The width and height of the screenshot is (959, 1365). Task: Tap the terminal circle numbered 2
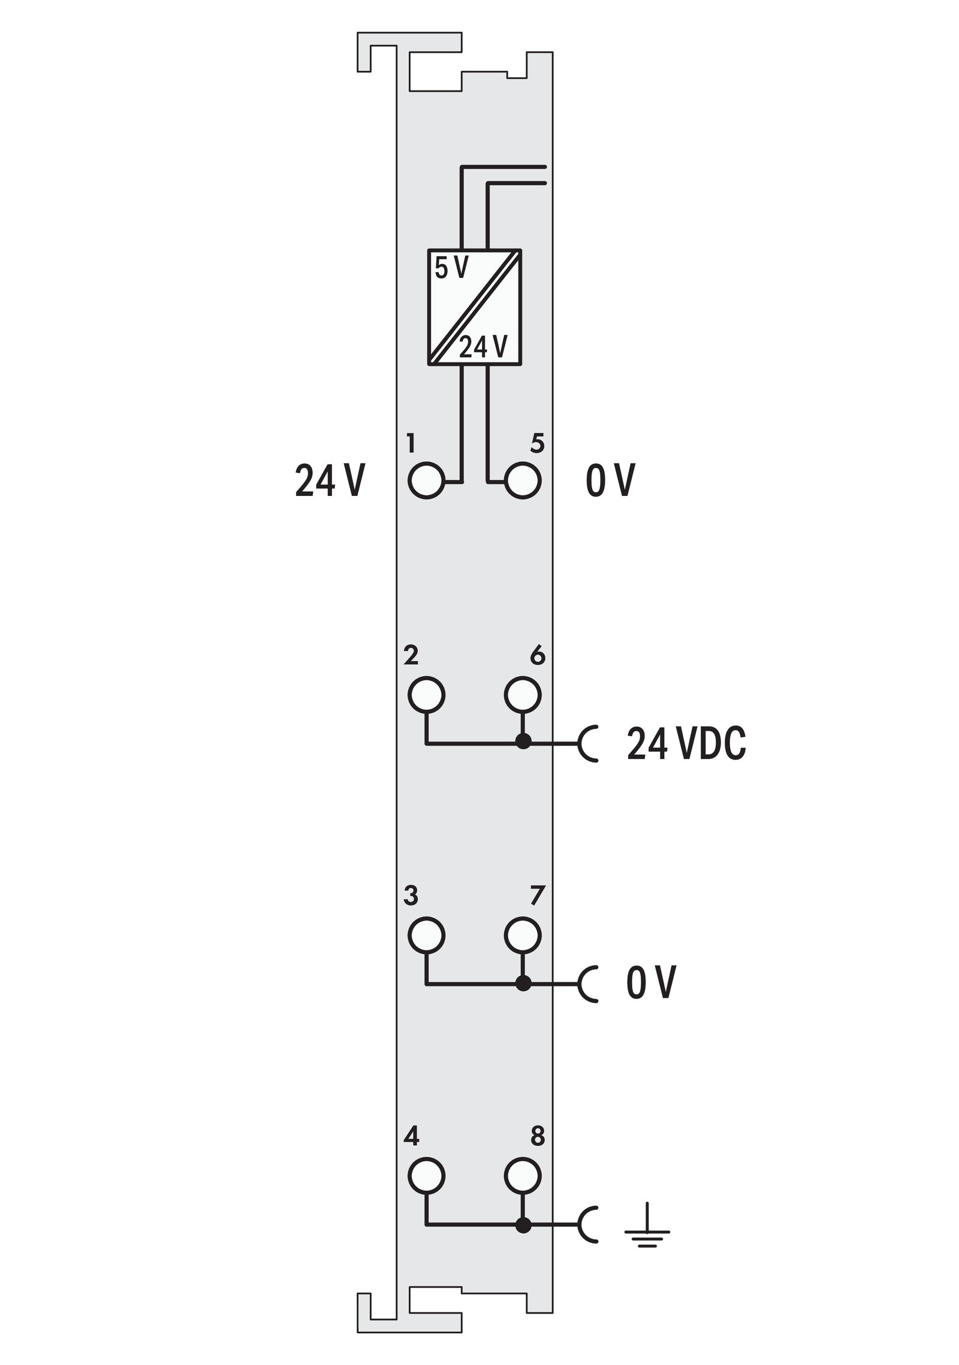(427, 694)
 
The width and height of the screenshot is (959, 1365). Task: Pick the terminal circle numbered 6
(523, 694)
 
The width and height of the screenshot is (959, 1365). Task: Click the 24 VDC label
(686, 744)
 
